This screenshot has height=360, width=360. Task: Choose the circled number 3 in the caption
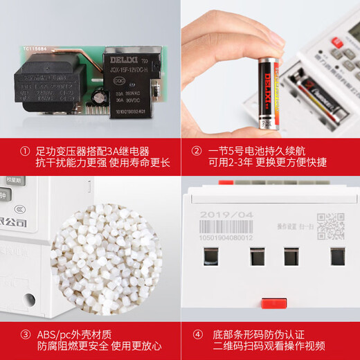click(26, 334)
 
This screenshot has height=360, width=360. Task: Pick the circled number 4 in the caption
click(197, 334)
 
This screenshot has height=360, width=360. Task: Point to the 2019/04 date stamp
click(224, 215)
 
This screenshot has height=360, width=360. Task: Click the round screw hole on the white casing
click(28, 299)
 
